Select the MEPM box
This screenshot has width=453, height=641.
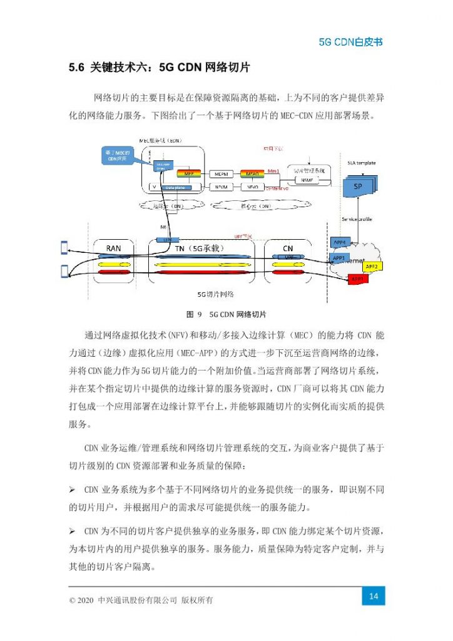tap(220, 173)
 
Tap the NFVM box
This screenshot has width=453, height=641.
tap(220, 187)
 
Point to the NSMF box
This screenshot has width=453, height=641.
tap(307, 180)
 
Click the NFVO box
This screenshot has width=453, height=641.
tap(253, 187)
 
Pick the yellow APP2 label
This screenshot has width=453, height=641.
tap(372, 267)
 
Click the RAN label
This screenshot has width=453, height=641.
tap(113, 249)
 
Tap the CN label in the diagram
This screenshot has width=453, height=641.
tap(288, 249)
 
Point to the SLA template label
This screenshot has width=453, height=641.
tap(361, 163)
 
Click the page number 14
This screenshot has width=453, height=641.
tap(374, 596)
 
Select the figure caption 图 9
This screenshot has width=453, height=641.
tap(192, 314)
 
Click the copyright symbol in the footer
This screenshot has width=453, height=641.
tap(73, 600)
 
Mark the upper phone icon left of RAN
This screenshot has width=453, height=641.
tap(63, 247)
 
